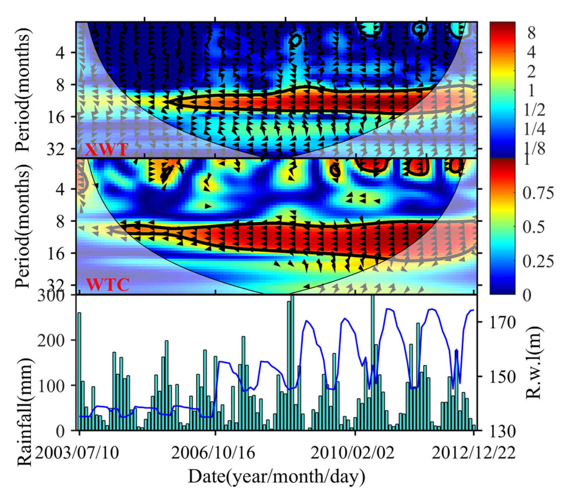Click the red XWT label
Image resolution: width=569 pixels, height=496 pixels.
coord(106,149)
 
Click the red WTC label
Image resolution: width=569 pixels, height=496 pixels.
coord(108,285)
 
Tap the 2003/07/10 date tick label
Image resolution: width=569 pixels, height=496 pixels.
coord(77,453)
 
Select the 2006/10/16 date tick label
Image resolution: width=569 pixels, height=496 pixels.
coord(213,453)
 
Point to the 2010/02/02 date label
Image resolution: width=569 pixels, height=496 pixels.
coord(353,453)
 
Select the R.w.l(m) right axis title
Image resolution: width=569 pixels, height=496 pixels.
coord(534,363)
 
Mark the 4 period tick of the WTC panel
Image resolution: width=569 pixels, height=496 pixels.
coord(60,189)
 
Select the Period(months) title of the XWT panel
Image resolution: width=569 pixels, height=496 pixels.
coord(23,89)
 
